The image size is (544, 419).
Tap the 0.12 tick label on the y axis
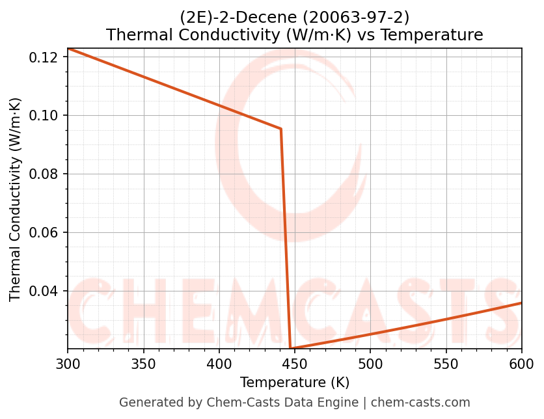tap(46, 57)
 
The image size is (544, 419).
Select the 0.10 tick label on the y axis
tap(46, 116)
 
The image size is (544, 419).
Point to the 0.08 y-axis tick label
tap(46, 174)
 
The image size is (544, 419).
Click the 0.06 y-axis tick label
tap(46, 233)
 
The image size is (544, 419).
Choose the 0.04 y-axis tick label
tap(46, 291)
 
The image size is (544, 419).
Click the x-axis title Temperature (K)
tap(295, 382)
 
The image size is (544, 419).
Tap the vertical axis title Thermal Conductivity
tap(16, 199)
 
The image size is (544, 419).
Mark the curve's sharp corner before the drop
tap(281, 129)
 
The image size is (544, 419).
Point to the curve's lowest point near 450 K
tap(291, 349)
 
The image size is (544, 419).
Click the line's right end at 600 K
tap(521, 303)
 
